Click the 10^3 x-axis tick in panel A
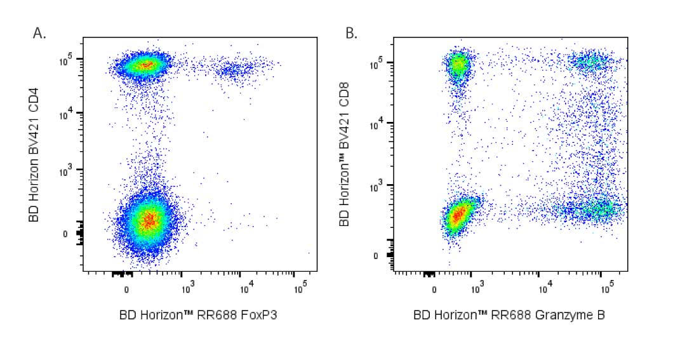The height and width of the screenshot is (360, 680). coord(187,289)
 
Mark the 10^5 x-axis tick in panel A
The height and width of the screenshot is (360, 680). coord(301,289)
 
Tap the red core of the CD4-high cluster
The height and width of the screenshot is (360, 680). coord(147,64)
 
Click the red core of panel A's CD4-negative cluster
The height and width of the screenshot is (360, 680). coord(148,220)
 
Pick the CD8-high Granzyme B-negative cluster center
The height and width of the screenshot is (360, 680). coord(457,64)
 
